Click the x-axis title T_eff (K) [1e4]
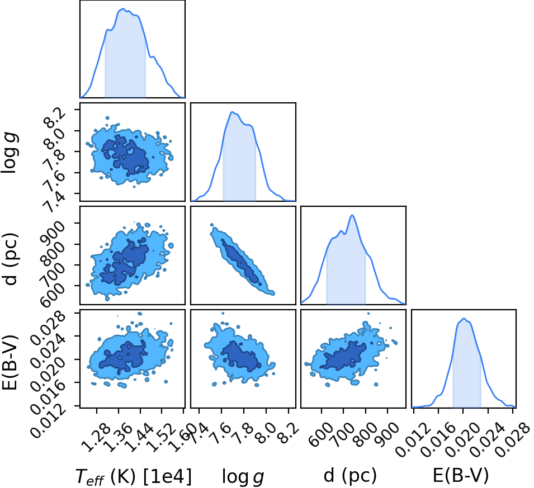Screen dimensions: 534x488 (133, 476)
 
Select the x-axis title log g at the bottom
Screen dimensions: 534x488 (243, 476)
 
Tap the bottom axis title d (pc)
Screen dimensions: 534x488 (350, 475)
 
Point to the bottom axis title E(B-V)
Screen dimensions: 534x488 (460, 475)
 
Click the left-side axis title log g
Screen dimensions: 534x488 (10, 153)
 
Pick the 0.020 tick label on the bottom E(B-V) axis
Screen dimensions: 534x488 (454, 439)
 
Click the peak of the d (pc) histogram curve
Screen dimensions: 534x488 (352, 215)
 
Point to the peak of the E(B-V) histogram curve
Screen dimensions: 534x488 (464, 319)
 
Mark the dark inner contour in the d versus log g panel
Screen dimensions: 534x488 (242, 262)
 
